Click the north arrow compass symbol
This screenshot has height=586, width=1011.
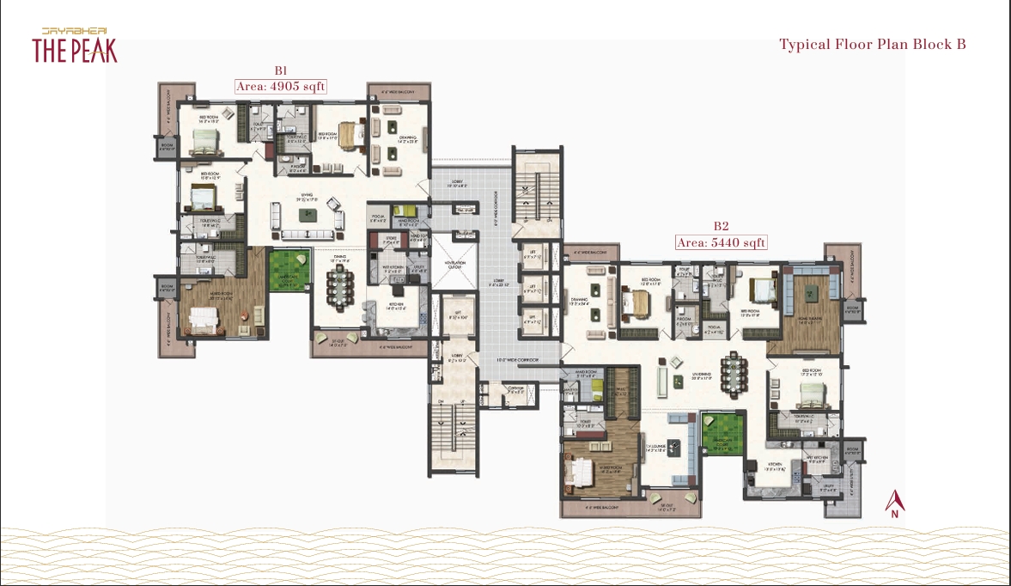pos(895,504)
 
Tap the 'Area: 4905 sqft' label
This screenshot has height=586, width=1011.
pos(281,86)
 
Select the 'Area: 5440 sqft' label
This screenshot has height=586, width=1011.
pos(721,242)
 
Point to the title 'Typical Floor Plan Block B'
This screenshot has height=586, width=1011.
pos(872,45)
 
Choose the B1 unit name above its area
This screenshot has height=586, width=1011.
pos(280,70)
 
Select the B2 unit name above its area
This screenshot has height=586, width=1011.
pos(721,227)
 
